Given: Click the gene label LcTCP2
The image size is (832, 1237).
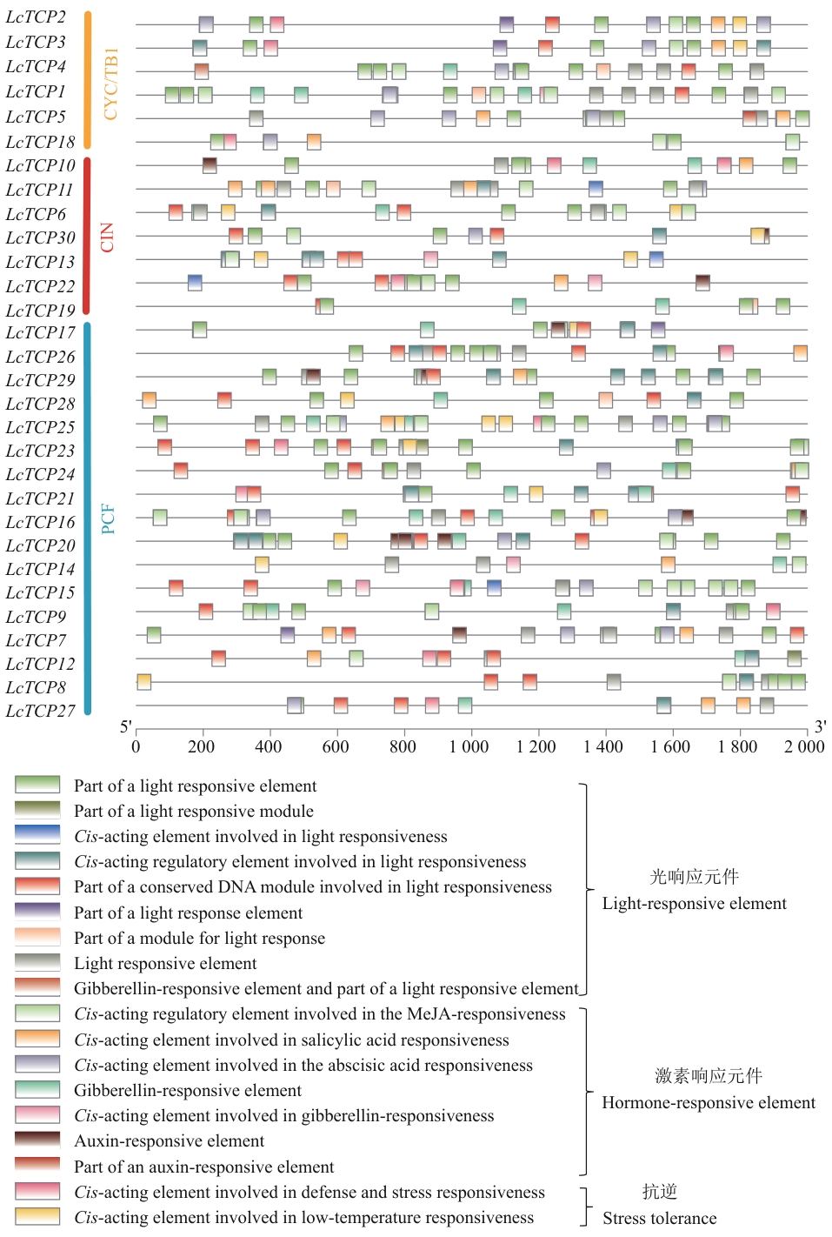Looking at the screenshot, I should point(36,17).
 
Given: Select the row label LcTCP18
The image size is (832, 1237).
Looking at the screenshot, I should point(40,142).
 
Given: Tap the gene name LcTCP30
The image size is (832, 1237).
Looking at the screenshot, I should point(40,237).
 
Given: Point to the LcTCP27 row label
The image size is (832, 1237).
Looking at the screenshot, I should point(40,711).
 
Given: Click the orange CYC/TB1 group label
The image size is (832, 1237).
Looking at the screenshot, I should point(110,84).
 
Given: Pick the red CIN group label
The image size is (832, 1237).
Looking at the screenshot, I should point(107,237).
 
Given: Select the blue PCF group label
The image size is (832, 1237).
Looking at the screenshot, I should point(108,518).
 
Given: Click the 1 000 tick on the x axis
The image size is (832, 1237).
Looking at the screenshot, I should point(469,746).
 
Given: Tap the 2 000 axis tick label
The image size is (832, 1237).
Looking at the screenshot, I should point(804,746).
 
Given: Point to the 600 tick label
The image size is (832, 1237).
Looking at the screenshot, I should point(336,746).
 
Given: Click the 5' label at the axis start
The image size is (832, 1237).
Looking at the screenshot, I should point(126,727).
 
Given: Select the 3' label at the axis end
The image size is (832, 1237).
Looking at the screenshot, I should point(820,727).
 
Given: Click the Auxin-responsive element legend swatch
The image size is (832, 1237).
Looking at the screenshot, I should point(37,1140).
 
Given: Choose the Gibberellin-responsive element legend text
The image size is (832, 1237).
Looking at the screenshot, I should point(188,1090).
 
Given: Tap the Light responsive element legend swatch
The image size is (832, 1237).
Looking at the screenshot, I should point(37,962).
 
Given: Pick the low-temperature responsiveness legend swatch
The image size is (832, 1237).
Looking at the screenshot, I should point(37,1216).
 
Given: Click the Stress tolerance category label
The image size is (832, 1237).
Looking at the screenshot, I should point(660,1218).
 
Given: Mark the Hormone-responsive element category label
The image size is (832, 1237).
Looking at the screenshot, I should point(709,1103).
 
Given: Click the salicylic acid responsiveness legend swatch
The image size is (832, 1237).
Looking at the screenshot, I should point(37,1039).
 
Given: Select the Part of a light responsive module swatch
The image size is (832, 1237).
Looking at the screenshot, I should point(37,810).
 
